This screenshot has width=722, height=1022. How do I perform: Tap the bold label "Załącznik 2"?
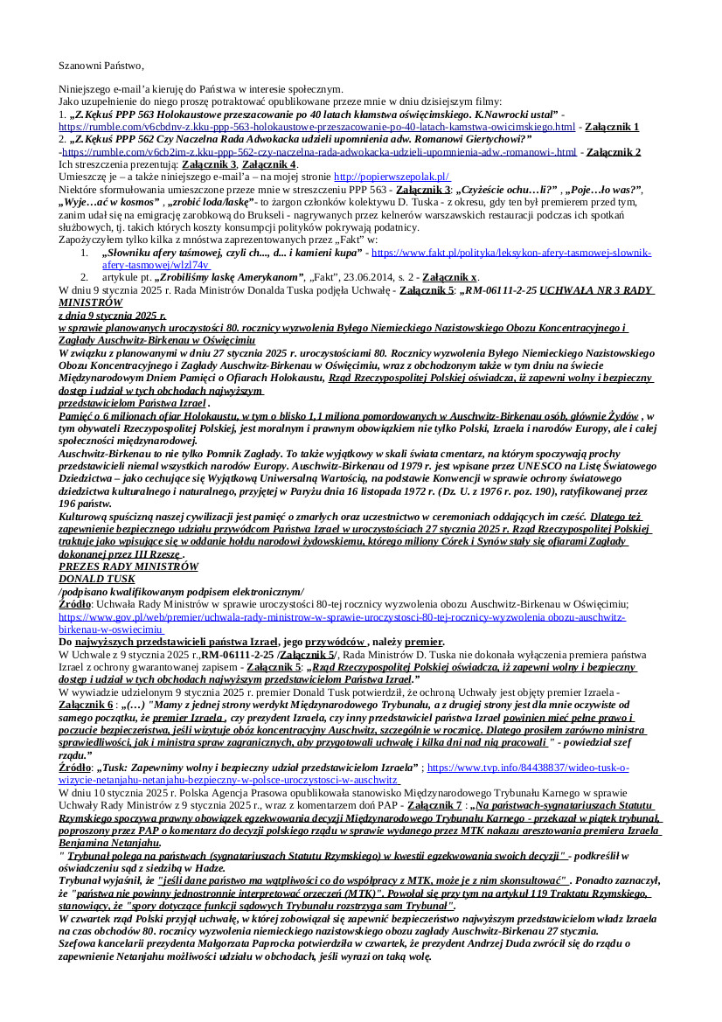pyautogui.click(x=614, y=152)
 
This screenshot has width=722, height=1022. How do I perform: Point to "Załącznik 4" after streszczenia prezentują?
pyautogui.click(x=269, y=164)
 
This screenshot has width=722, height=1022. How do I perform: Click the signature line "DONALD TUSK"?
pyautogui.click(x=96, y=579)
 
